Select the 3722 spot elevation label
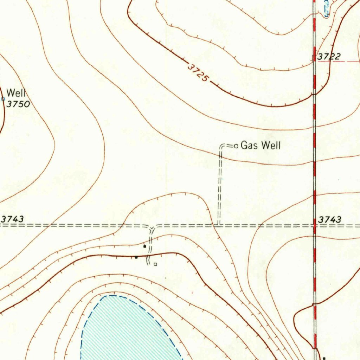coord(329,56)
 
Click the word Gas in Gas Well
coord(248,145)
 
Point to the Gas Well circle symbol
coord(236,146)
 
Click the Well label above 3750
coord(16,93)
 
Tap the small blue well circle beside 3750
coord(3,99)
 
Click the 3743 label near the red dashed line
coord(329,219)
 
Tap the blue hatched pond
coord(127,330)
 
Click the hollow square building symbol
coord(155,264)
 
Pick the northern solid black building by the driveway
coord(144,246)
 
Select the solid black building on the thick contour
coord(136,257)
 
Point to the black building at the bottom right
coord(324,358)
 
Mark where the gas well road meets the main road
coord(218,225)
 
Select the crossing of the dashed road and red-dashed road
coord(315,225)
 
